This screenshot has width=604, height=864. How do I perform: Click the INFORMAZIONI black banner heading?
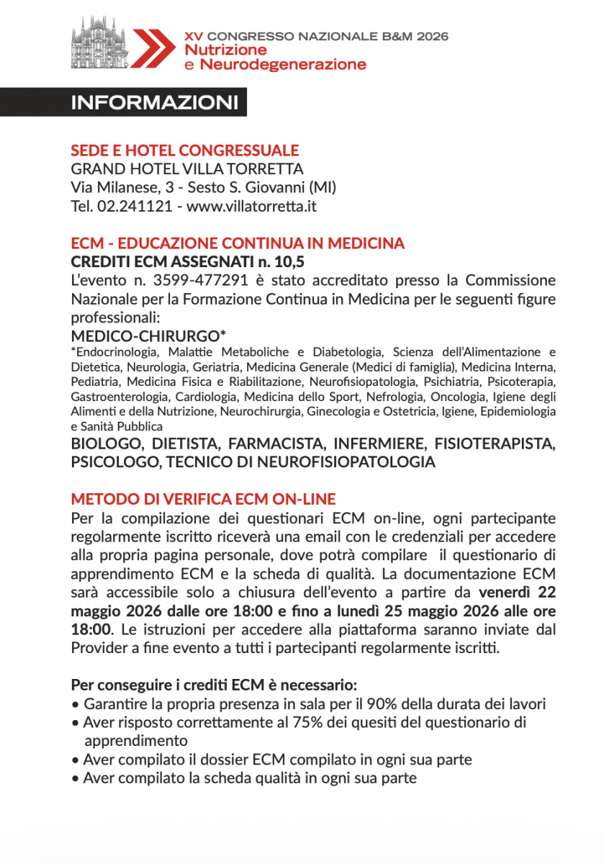(154, 102)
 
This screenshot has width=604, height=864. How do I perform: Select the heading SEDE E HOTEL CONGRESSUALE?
(185, 150)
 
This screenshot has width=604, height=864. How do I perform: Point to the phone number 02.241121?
(132, 207)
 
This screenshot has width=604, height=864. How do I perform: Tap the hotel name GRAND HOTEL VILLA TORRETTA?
(187, 169)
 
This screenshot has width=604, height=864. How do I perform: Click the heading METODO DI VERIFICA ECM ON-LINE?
(204, 499)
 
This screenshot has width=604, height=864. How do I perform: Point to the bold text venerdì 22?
(517, 593)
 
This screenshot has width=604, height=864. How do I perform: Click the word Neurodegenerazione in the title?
(283, 65)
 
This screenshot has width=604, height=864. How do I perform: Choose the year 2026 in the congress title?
(429, 35)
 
